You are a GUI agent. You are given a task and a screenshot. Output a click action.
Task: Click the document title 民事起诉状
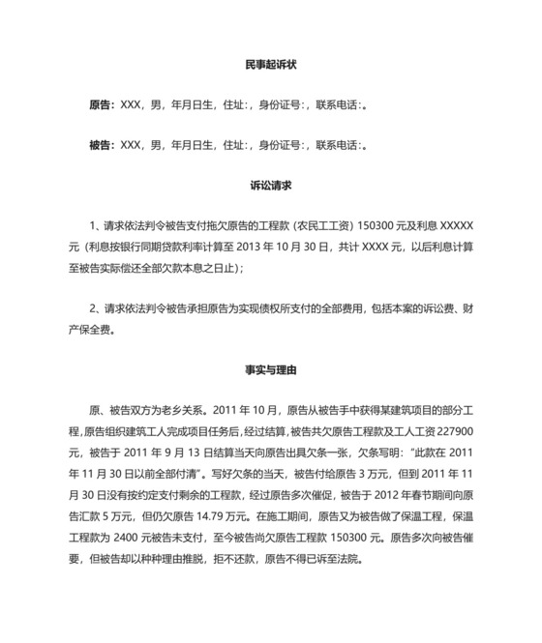point(270,66)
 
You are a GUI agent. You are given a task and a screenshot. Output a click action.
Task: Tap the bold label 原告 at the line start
point(99,105)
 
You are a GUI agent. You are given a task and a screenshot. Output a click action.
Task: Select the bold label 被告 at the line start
point(99,145)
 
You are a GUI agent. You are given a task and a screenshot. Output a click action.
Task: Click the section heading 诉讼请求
point(270,184)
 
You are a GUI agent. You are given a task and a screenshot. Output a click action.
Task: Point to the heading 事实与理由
point(270,368)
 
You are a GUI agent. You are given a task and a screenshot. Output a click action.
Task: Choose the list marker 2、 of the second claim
point(94,309)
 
